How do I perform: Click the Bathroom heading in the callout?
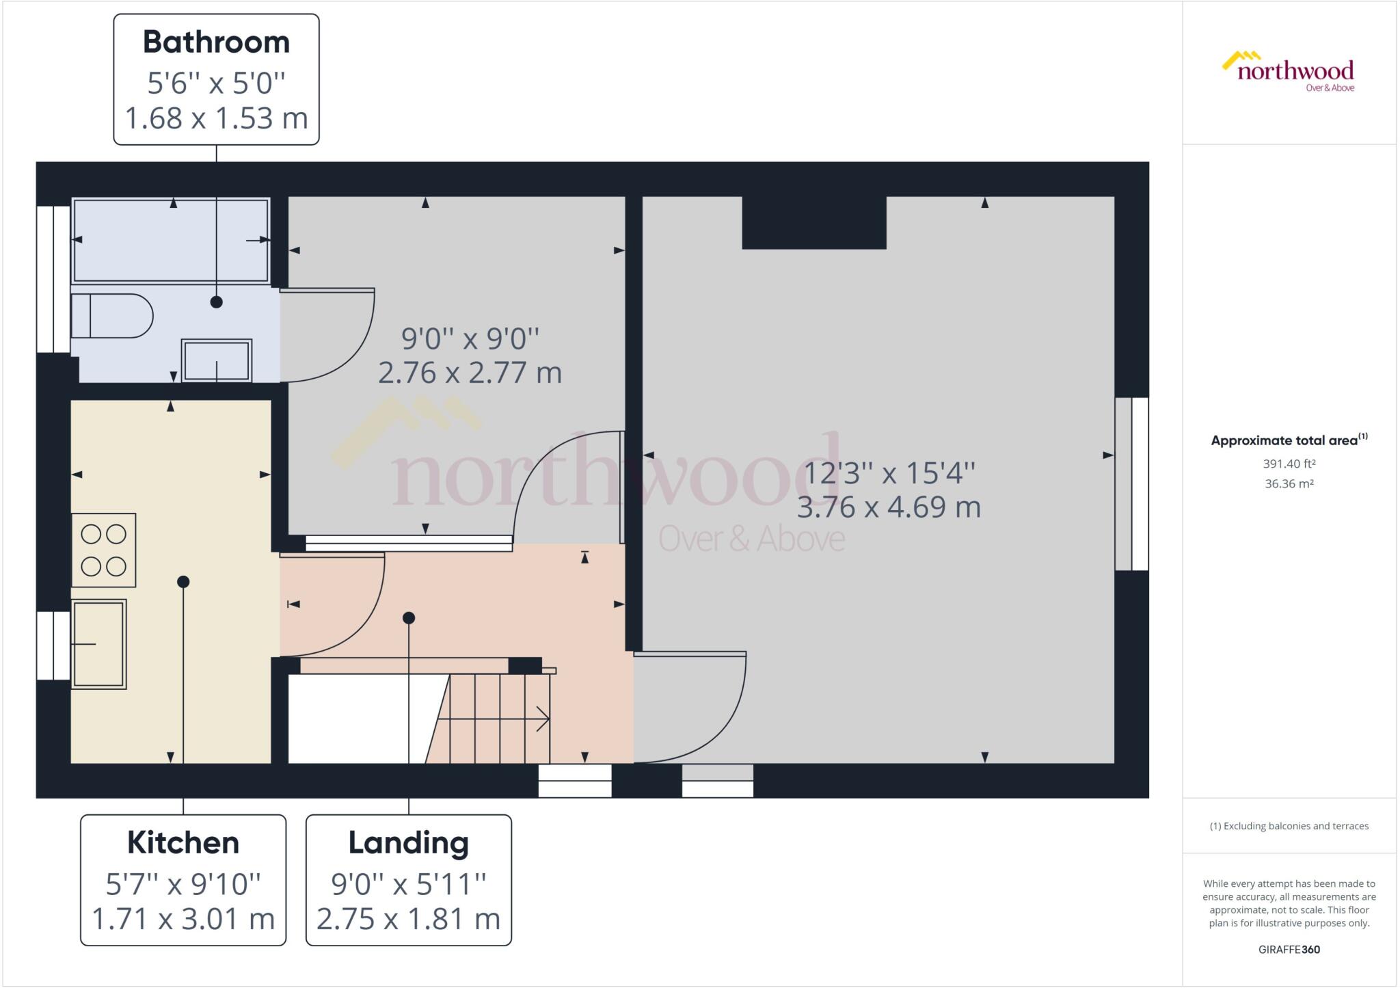(x=216, y=42)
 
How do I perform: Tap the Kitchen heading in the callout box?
(x=183, y=842)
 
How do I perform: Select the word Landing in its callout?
(x=408, y=842)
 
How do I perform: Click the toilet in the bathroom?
(x=111, y=316)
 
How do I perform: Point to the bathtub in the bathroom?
(x=171, y=240)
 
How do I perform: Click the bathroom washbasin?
(x=216, y=360)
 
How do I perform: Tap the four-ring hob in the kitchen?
(x=103, y=550)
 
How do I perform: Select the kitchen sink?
(x=99, y=643)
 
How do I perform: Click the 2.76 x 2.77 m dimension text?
(x=470, y=373)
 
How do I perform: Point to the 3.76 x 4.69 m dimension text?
(x=889, y=507)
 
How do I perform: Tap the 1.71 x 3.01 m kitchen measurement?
(x=183, y=919)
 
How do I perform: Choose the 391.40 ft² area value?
(x=1289, y=464)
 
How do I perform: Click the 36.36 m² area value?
(x=1289, y=483)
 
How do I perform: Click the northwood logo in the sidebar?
(x=1289, y=71)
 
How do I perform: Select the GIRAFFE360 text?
(x=1289, y=949)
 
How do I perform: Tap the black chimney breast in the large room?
(x=813, y=223)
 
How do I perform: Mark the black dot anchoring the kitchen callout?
(x=183, y=582)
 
